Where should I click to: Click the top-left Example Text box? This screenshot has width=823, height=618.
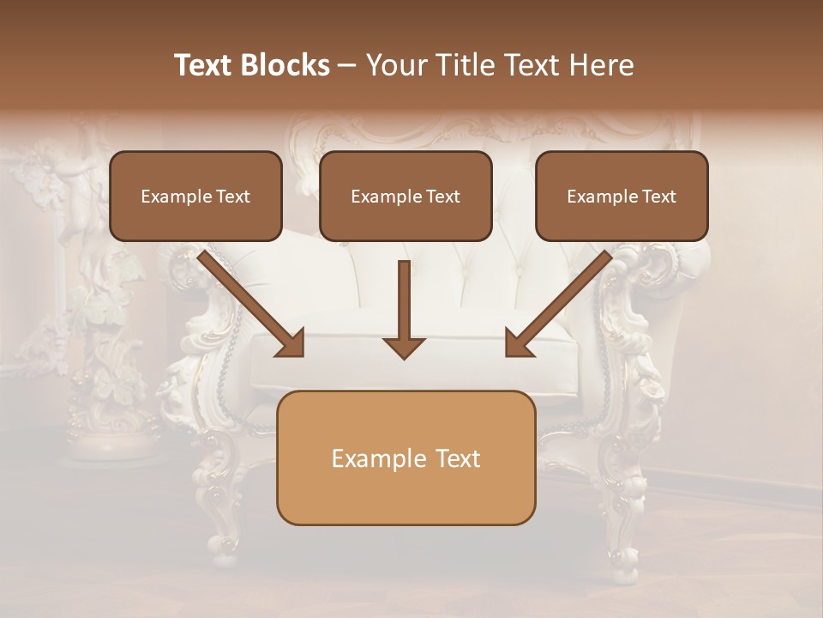point(195,196)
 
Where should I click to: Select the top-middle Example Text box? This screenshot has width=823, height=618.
point(405,196)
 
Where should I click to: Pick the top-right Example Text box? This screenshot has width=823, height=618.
point(622,196)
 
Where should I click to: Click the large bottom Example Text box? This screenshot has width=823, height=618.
point(405,458)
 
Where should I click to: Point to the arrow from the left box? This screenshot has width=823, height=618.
point(249,300)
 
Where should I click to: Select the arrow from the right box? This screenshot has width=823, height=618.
point(562,300)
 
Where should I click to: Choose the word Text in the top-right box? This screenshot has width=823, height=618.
point(658,196)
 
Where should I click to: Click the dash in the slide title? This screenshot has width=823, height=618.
point(347,65)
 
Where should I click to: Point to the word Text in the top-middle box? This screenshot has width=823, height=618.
point(442,196)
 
